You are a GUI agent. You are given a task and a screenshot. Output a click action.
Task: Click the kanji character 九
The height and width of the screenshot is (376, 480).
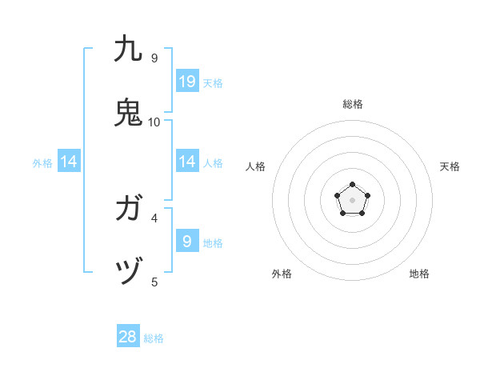coord(128,49)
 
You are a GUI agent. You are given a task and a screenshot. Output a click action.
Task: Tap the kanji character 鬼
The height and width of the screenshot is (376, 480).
coord(128,112)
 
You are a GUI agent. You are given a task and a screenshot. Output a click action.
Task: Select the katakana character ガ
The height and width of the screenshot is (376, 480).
coord(128,210)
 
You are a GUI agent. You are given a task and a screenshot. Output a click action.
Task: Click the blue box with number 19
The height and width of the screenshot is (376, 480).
coord(187,82)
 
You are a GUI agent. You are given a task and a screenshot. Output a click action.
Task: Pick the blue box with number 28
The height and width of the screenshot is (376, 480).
coord(128,337)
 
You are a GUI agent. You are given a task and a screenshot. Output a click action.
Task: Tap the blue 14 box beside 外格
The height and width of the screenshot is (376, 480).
coord(69,162)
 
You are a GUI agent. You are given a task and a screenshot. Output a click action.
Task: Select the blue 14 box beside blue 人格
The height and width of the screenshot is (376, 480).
coord(187,162)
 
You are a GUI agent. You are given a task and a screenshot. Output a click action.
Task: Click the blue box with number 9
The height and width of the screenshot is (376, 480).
coord(187,241)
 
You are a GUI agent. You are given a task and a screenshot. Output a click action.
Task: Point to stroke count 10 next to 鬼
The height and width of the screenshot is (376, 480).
coord(154,122)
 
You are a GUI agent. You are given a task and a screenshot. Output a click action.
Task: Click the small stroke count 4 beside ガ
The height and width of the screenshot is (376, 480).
coord(154,218)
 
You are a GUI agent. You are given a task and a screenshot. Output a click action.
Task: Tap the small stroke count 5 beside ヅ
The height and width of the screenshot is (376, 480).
coord(154,282)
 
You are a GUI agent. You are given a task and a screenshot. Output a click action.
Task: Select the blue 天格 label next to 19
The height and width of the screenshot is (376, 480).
coord(213,83)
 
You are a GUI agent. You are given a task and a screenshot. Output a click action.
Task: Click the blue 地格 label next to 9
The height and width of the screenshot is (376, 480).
coord(213,243)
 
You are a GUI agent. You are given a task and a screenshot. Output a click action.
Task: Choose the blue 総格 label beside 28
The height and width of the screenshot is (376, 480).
coord(154,339)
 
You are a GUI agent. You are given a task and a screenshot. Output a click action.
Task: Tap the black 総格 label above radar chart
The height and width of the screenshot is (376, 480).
coord(353,104)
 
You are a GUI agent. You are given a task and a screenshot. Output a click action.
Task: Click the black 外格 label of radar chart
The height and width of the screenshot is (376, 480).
coord(282,274)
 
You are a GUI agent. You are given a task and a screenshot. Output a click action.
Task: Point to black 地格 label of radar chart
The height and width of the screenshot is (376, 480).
coord(419,274)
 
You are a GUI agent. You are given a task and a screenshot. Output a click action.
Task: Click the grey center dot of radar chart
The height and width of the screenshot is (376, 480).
coord(353,200)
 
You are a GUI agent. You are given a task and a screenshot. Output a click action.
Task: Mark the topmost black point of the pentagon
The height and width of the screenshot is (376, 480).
coord(353,185)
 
